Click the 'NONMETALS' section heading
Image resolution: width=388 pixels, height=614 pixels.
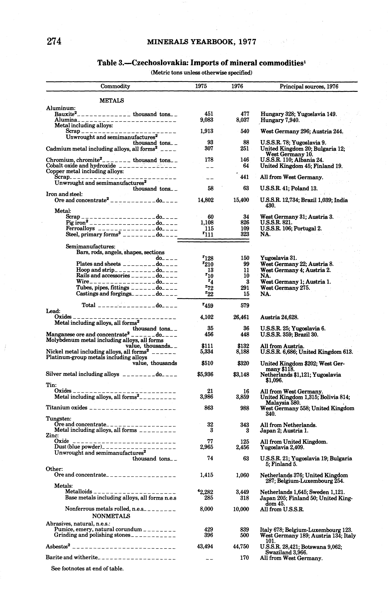click(111, 516)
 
